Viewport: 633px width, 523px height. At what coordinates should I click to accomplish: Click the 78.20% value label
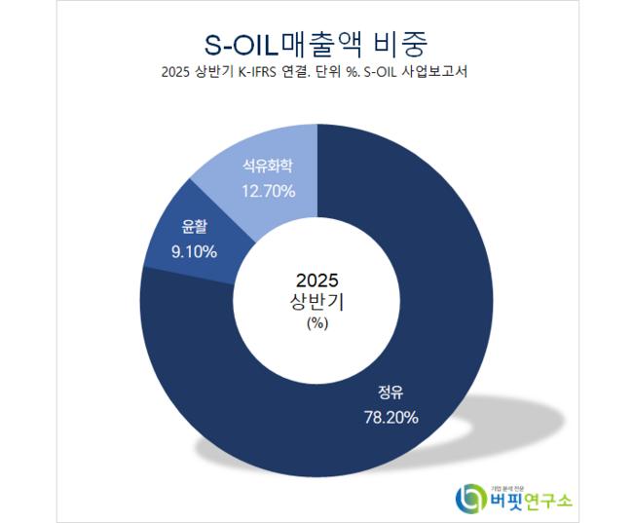(x=391, y=418)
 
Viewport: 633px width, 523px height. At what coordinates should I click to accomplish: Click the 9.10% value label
(x=194, y=251)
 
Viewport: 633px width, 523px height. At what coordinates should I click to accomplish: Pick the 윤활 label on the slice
(x=194, y=228)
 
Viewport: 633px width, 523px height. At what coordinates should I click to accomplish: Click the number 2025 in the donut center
(x=317, y=280)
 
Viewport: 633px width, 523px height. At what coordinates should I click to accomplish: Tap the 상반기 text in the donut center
(x=317, y=301)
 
